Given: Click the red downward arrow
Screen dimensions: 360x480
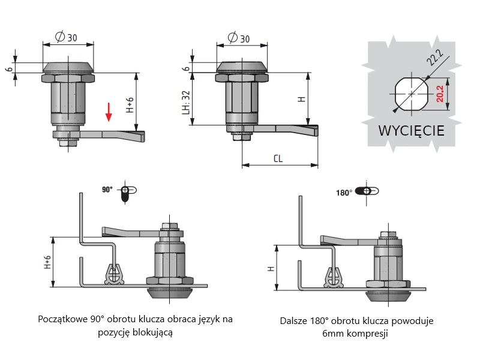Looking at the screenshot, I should (109, 111).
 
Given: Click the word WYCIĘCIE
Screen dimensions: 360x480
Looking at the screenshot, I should (411, 130).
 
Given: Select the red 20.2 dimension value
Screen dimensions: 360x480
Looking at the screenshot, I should (440, 94).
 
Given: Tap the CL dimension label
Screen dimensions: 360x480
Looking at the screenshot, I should (278, 159).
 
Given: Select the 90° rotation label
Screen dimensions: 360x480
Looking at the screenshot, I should (107, 189).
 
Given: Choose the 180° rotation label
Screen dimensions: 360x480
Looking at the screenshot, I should (343, 193).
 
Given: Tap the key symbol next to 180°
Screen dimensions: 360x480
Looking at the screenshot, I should (367, 192).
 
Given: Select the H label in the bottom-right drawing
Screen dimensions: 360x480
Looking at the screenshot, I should (271, 268).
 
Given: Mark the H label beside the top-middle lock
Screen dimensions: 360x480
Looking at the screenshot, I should (302, 98).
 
